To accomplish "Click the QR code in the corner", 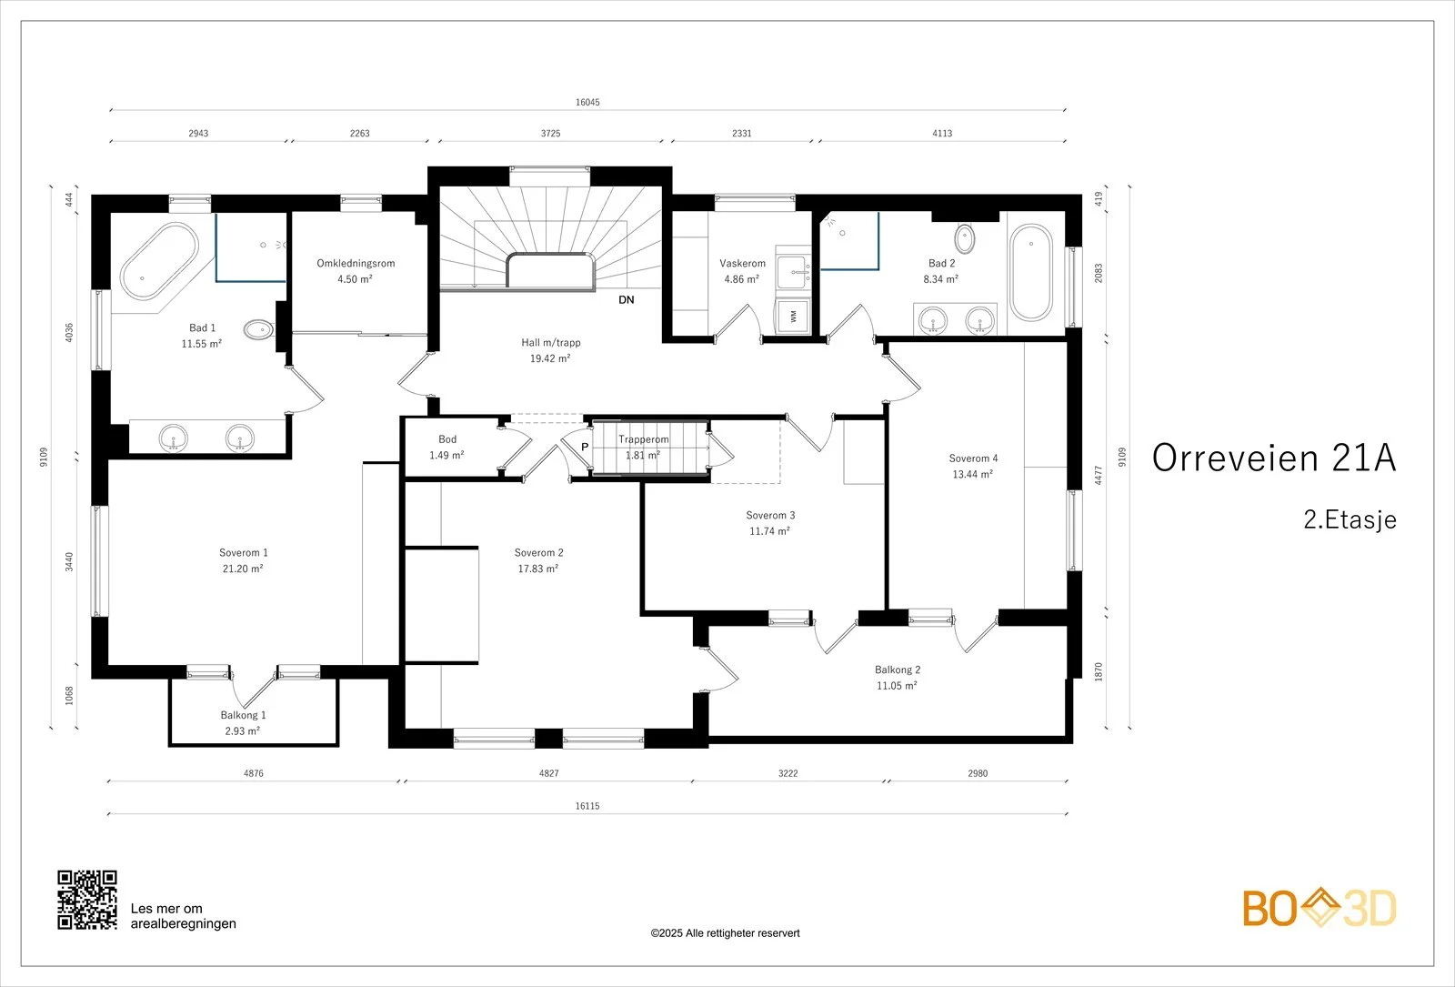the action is tap(87, 900).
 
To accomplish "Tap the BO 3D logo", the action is tap(1320, 908).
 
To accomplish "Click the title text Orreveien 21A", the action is tap(1274, 458).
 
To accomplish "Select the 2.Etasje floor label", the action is tap(1350, 519).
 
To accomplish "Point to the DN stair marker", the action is tap(627, 299).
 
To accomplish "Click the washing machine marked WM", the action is tap(793, 316).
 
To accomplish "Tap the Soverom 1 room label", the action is tap(244, 552).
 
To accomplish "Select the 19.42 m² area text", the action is tap(550, 358).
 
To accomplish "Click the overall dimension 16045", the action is tap(587, 102).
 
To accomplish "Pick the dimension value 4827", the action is tap(549, 773).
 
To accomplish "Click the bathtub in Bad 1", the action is tap(160, 262).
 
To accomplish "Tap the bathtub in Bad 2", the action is tap(1031, 272).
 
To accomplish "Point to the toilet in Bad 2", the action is tap(965, 238).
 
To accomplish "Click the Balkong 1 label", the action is tap(243, 715).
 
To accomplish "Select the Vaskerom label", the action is tap(742, 263).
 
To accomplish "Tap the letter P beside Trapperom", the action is tap(585, 447).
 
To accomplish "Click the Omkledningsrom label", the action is tap(356, 263).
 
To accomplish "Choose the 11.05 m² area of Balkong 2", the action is tap(897, 686).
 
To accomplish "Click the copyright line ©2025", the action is tap(725, 933).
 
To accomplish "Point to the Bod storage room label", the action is tap(447, 439).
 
